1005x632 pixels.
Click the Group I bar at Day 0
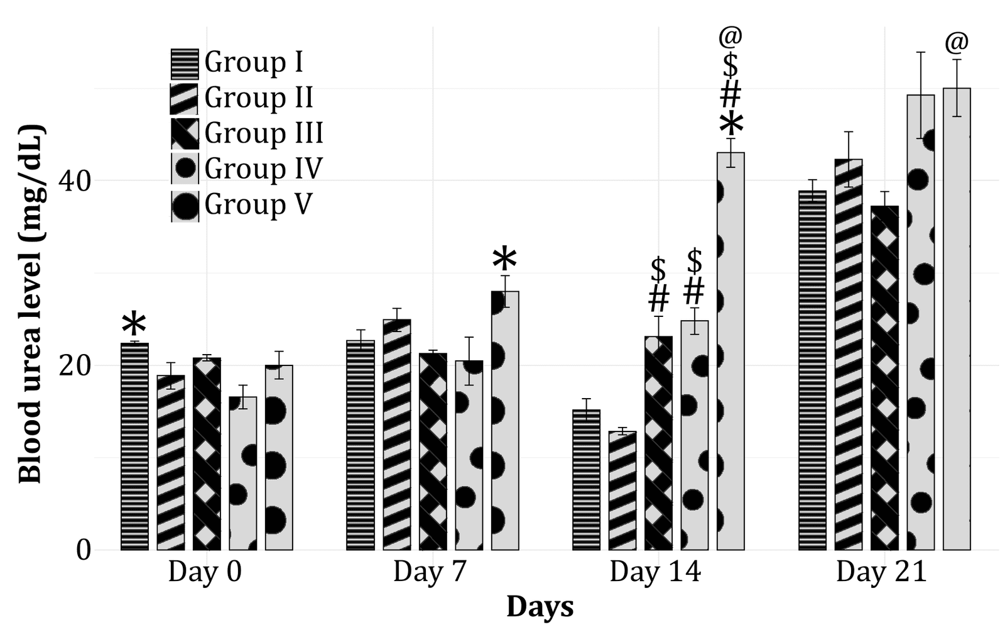click(134, 446)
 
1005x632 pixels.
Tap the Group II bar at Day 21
click(848, 355)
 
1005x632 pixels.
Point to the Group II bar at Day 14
click(622, 491)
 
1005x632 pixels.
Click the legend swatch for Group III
click(185, 134)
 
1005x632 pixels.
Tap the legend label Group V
click(258, 205)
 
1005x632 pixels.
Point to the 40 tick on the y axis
click(74, 181)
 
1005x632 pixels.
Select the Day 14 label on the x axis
click(655, 572)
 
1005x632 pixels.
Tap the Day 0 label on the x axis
click(204, 572)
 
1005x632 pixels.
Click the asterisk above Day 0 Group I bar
click(134, 326)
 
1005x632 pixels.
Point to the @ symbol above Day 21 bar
click(956, 43)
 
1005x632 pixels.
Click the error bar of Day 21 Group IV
click(920, 94)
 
